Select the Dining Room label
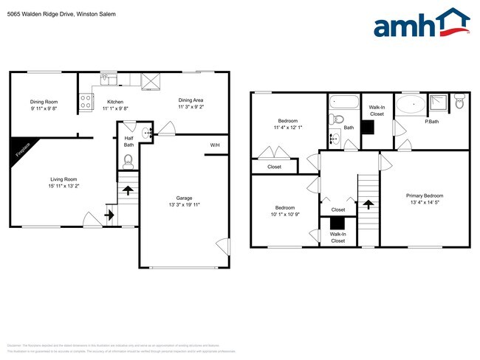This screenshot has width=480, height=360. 44,102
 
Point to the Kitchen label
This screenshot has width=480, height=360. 115,102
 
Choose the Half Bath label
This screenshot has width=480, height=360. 128,141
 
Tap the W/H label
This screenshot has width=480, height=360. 215,145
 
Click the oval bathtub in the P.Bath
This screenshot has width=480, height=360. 410,104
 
